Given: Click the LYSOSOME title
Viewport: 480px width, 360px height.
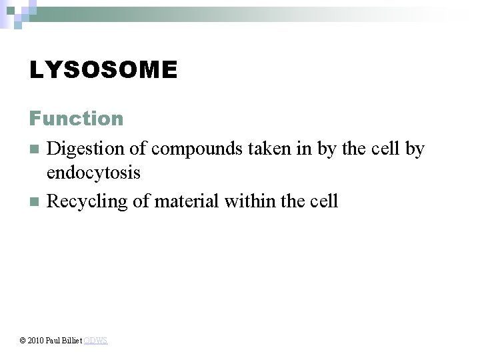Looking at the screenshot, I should click(x=103, y=70).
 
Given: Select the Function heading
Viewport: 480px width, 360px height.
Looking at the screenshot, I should click(x=76, y=119).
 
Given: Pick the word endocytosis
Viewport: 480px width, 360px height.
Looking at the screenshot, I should click(x=93, y=173).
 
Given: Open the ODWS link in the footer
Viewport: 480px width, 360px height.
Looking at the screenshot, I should click(x=96, y=341).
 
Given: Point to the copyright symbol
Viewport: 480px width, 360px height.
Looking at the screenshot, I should click(x=23, y=341).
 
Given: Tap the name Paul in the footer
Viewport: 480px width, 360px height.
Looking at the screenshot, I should click(x=53, y=341).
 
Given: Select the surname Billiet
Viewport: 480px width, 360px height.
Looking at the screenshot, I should click(x=72, y=341).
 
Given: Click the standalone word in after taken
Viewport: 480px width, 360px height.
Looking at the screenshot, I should click(x=303, y=149).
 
